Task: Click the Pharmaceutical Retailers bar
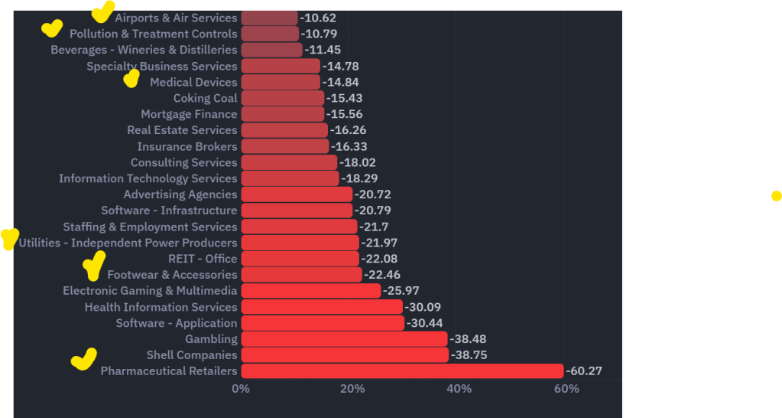point(402,371)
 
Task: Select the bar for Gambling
point(344,339)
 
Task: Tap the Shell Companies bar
point(345,355)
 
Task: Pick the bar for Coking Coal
point(283,98)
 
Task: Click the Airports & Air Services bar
point(270,18)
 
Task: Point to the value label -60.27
point(584,371)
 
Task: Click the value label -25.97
point(401,291)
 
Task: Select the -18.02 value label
point(358,162)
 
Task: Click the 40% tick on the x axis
point(459,389)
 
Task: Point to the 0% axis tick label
point(241,389)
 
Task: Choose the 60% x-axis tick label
point(566,389)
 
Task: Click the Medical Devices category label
point(193,82)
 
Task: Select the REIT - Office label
point(203,259)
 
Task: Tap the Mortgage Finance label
point(189,114)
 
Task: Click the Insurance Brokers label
point(187,146)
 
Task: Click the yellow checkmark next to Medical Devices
point(131,78)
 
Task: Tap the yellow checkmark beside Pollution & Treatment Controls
point(51,29)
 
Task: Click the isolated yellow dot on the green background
point(777,196)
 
